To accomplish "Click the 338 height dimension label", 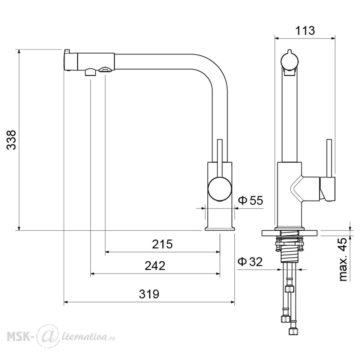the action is (x=11, y=140).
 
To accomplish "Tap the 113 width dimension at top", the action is (x=305, y=31).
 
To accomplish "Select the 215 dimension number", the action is (x=162, y=244).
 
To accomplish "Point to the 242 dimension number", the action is (x=155, y=266).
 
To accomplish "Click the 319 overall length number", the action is (x=149, y=294).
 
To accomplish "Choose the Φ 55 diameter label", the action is (x=251, y=201).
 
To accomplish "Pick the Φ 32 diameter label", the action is (x=250, y=261).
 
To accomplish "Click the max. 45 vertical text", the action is (x=343, y=260).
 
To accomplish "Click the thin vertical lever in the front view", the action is (x=329, y=158).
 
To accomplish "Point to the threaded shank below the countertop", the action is (x=289, y=249).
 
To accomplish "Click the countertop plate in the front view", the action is (x=289, y=233).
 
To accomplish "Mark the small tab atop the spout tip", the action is (x=67, y=51).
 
